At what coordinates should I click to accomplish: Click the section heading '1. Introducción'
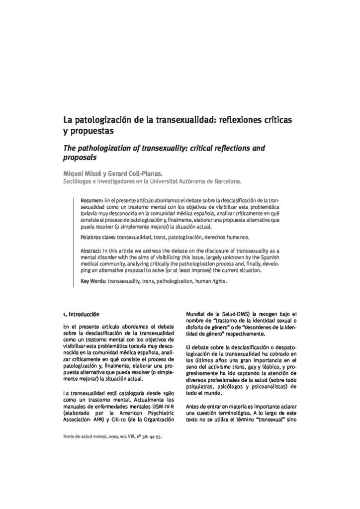point(82,314)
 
